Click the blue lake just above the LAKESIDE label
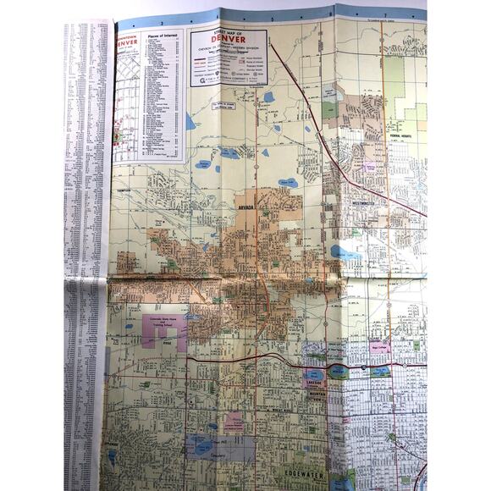(x=315, y=371)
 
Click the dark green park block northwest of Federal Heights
(x=329, y=109)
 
